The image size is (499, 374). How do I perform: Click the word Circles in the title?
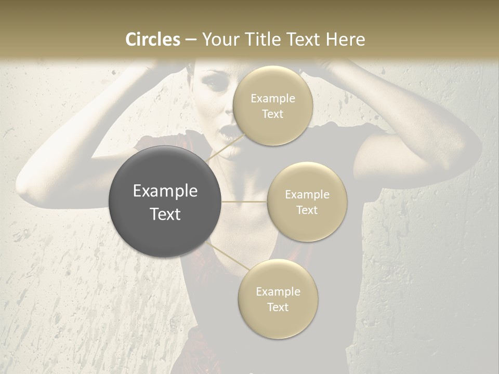click(152, 39)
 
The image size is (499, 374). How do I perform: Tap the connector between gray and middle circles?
click(244, 202)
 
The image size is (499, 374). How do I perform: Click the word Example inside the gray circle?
click(165, 191)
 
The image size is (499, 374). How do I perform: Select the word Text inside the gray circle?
click(165, 214)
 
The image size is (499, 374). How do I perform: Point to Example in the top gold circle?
click(272, 99)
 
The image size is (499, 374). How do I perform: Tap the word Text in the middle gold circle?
click(307, 210)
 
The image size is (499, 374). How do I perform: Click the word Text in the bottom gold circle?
click(278, 307)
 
